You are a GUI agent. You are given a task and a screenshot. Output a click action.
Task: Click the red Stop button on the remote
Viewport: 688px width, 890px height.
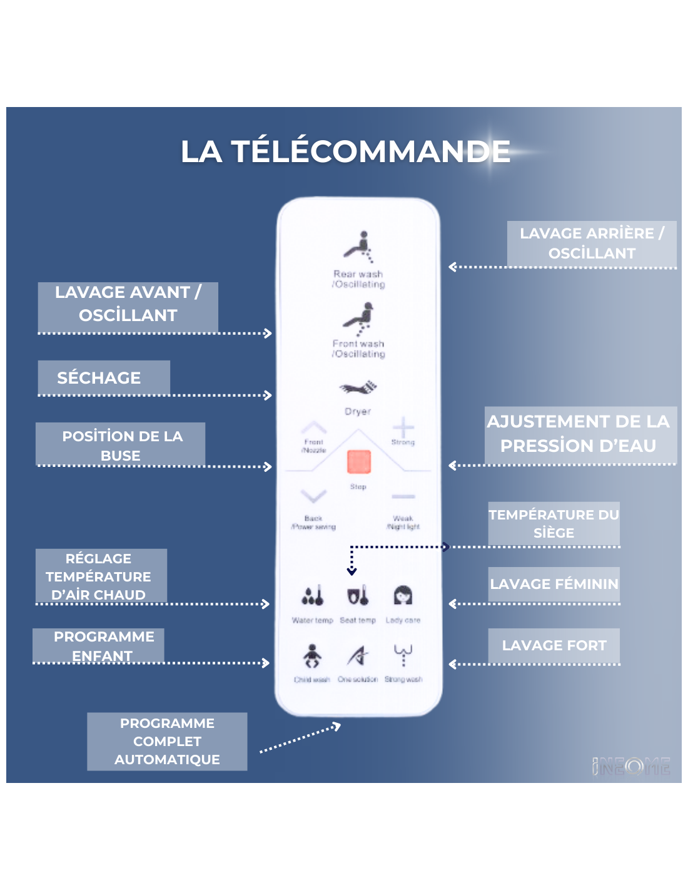(x=358, y=463)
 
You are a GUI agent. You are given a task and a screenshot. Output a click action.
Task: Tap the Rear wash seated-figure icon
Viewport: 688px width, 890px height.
(x=358, y=247)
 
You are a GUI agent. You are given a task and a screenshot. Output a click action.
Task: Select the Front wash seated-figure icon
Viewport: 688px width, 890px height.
(x=358, y=317)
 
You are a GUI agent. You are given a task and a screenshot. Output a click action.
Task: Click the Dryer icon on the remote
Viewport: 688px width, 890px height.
(x=358, y=388)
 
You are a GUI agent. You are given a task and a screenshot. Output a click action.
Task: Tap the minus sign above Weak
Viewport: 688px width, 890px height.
(x=403, y=496)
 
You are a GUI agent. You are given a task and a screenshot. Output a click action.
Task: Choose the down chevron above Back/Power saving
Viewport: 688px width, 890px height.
(x=313, y=497)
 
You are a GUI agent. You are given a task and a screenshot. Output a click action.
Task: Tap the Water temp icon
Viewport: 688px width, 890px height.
(x=313, y=596)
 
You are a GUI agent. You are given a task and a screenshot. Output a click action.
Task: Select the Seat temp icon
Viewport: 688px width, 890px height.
(x=358, y=596)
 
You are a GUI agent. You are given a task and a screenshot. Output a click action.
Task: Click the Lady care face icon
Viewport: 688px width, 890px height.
(x=403, y=595)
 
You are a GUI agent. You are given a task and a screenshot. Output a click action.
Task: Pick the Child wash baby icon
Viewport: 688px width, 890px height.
(x=312, y=656)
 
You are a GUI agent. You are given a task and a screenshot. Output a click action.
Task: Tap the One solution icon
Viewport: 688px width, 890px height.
(x=358, y=656)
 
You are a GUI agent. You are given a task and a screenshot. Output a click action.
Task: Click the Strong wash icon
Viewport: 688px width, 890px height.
(x=403, y=655)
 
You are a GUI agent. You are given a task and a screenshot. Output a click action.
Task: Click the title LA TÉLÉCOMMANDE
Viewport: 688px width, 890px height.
(x=345, y=151)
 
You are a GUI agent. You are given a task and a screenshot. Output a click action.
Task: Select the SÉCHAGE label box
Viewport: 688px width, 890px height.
(x=104, y=377)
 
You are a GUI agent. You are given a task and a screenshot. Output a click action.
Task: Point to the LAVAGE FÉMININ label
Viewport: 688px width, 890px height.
(x=554, y=584)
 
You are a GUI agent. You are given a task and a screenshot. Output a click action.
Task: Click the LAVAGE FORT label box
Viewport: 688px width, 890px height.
(x=554, y=645)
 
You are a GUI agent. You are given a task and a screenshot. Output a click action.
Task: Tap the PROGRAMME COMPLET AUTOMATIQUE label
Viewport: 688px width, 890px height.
(x=167, y=741)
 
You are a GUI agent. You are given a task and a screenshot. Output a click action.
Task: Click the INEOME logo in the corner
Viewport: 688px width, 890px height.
(x=631, y=766)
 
